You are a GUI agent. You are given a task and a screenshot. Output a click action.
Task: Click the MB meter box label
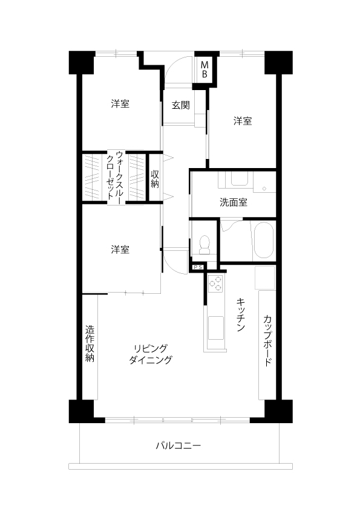click(x=205, y=69)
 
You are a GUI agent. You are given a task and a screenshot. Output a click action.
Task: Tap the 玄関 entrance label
click(x=181, y=105)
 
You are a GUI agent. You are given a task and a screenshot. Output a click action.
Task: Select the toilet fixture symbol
click(x=205, y=244)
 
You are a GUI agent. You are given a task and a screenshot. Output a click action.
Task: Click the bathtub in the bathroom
click(x=263, y=240)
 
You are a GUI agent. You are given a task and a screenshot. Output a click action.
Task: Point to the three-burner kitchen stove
click(x=215, y=283)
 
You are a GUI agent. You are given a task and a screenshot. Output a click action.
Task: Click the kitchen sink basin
click(x=216, y=328)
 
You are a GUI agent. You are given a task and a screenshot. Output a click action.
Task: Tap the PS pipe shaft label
click(x=198, y=267)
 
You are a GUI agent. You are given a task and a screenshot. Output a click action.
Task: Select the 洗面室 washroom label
click(x=234, y=203)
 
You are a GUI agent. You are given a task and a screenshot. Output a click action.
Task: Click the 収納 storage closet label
click(x=155, y=178)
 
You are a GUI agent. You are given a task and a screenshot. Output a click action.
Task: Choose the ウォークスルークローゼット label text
click(x=115, y=177)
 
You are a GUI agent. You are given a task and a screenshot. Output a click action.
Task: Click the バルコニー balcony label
click(x=178, y=445)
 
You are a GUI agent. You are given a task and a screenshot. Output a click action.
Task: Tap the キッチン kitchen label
click(x=240, y=314)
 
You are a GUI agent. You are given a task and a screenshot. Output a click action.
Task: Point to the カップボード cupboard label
click(x=267, y=340)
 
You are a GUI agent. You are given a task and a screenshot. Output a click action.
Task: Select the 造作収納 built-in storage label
click(x=90, y=344)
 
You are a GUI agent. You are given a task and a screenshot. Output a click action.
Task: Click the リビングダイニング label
click(x=151, y=354)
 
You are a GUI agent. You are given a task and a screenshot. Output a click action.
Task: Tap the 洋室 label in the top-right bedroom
click(x=243, y=121)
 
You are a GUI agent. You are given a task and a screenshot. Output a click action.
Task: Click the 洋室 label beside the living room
click(x=120, y=250)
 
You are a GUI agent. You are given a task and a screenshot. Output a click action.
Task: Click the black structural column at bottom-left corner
click(x=82, y=411)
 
